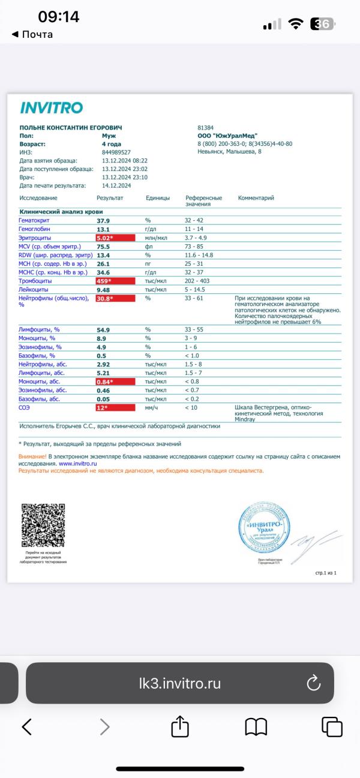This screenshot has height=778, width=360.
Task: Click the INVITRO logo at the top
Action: (51, 108)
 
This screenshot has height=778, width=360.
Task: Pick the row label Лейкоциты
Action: (34, 289)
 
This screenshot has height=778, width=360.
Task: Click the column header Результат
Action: (110, 198)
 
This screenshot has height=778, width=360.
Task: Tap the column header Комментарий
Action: (256, 198)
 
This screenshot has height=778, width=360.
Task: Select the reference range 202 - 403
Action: (199, 281)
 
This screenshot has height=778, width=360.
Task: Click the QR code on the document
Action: (43, 525)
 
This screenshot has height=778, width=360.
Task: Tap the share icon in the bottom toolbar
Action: (180, 727)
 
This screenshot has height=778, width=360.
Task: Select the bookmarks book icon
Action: (256, 727)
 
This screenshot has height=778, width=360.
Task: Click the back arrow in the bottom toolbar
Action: (27, 727)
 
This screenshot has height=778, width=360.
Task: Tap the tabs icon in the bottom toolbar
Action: (332, 727)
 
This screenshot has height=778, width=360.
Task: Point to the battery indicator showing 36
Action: (323, 24)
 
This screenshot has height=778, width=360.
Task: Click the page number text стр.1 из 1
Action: (326, 573)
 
